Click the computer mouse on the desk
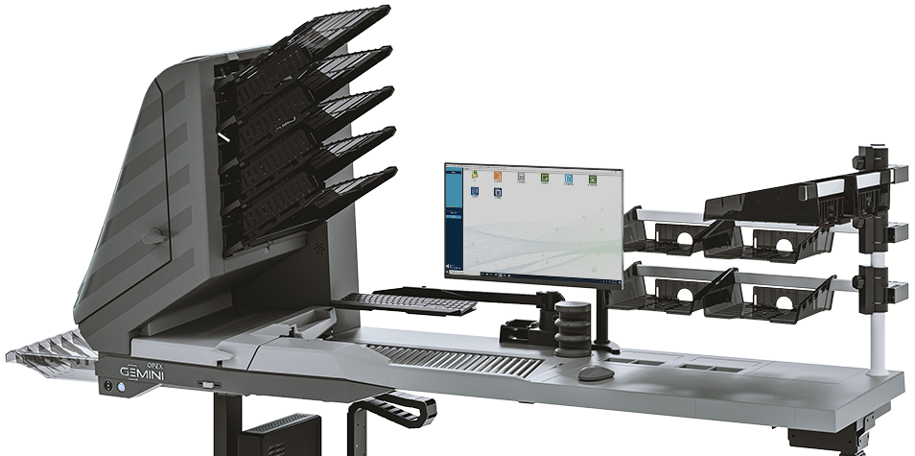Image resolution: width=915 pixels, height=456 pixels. [x=595, y=372]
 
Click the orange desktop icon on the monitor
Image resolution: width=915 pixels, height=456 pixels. [x=497, y=177]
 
